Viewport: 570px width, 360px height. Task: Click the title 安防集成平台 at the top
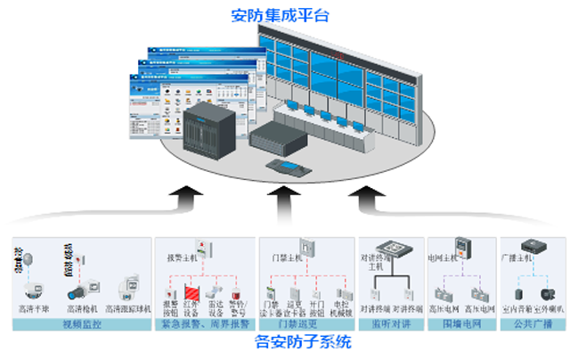[x=284, y=14]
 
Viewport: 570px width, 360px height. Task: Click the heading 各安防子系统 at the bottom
[x=284, y=342]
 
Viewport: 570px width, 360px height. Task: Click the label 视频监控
[x=84, y=324]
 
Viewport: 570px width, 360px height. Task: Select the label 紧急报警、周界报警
[x=204, y=324]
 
